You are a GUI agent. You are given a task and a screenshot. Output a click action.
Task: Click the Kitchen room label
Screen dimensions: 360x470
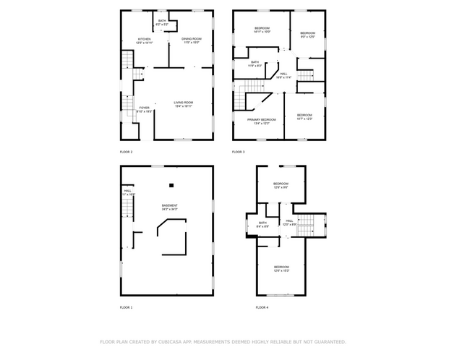[x=145, y=40]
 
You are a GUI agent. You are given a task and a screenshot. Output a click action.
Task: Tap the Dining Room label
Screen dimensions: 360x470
[x=191, y=40]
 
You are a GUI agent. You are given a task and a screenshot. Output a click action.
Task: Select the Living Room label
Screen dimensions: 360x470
[x=183, y=104]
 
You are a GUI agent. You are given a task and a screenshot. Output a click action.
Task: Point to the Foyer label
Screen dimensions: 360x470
[x=145, y=109]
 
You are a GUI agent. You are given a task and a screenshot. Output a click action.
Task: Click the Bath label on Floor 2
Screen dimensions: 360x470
[x=161, y=22]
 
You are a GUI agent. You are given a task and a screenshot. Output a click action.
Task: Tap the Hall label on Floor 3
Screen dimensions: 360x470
[x=283, y=74]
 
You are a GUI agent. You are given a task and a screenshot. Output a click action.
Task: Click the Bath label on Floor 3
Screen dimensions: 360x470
[x=255, y=64]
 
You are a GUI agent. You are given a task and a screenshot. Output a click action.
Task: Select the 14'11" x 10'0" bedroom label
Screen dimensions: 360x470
[x=261, y=30]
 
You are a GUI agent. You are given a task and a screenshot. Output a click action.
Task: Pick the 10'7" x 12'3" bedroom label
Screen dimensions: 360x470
[x=304, y=116]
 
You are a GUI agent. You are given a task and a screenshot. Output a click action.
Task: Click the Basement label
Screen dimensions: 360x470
[x=169, y=207]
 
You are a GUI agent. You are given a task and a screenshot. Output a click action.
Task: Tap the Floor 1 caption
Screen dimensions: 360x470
[x=126, y=308]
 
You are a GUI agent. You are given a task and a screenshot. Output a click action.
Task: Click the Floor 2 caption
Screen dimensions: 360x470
[x=126, y=152]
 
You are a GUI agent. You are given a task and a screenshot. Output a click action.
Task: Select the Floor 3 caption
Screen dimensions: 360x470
[x=238, y=152]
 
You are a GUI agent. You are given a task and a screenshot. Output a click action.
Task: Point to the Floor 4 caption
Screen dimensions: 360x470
[x=262, y=308]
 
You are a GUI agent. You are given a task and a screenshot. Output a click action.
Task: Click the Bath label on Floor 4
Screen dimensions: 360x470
[x=262, y=225]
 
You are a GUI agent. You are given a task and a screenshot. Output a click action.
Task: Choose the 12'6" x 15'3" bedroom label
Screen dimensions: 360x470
[x=281, y=269]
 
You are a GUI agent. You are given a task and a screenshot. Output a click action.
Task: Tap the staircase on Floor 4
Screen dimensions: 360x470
[x=309, y=225]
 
